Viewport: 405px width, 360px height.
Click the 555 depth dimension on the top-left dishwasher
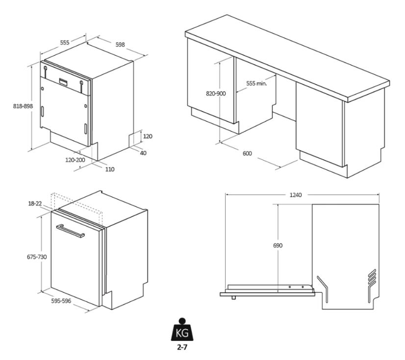pos(65,42)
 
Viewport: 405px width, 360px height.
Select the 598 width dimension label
pos(120,45)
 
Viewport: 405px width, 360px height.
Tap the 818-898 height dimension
pos(23,106)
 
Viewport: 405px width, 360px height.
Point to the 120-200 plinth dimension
pos(75,160)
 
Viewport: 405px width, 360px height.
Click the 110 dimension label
pos(110,169)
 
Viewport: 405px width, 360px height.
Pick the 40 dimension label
pos(143,153)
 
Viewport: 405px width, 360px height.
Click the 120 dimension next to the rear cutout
pos(148,136)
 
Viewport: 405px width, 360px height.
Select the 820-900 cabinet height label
pos(216,94)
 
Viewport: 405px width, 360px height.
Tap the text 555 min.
pos(256,83)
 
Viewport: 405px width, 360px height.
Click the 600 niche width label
pos(247,153)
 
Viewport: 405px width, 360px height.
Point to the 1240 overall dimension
pos(296,195)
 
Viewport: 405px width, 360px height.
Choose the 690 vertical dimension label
pos(278,245)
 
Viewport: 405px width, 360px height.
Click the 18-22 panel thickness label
pos(35,204)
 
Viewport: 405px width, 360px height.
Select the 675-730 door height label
pos(37,257)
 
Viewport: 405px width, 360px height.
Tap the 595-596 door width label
pos(61,301)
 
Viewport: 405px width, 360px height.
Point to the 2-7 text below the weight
pos(182,347)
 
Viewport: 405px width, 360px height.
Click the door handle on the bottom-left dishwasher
pos(70,231)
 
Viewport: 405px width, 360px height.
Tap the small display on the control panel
pos(64,81)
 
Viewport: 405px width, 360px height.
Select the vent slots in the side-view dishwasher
pos(372,276)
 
